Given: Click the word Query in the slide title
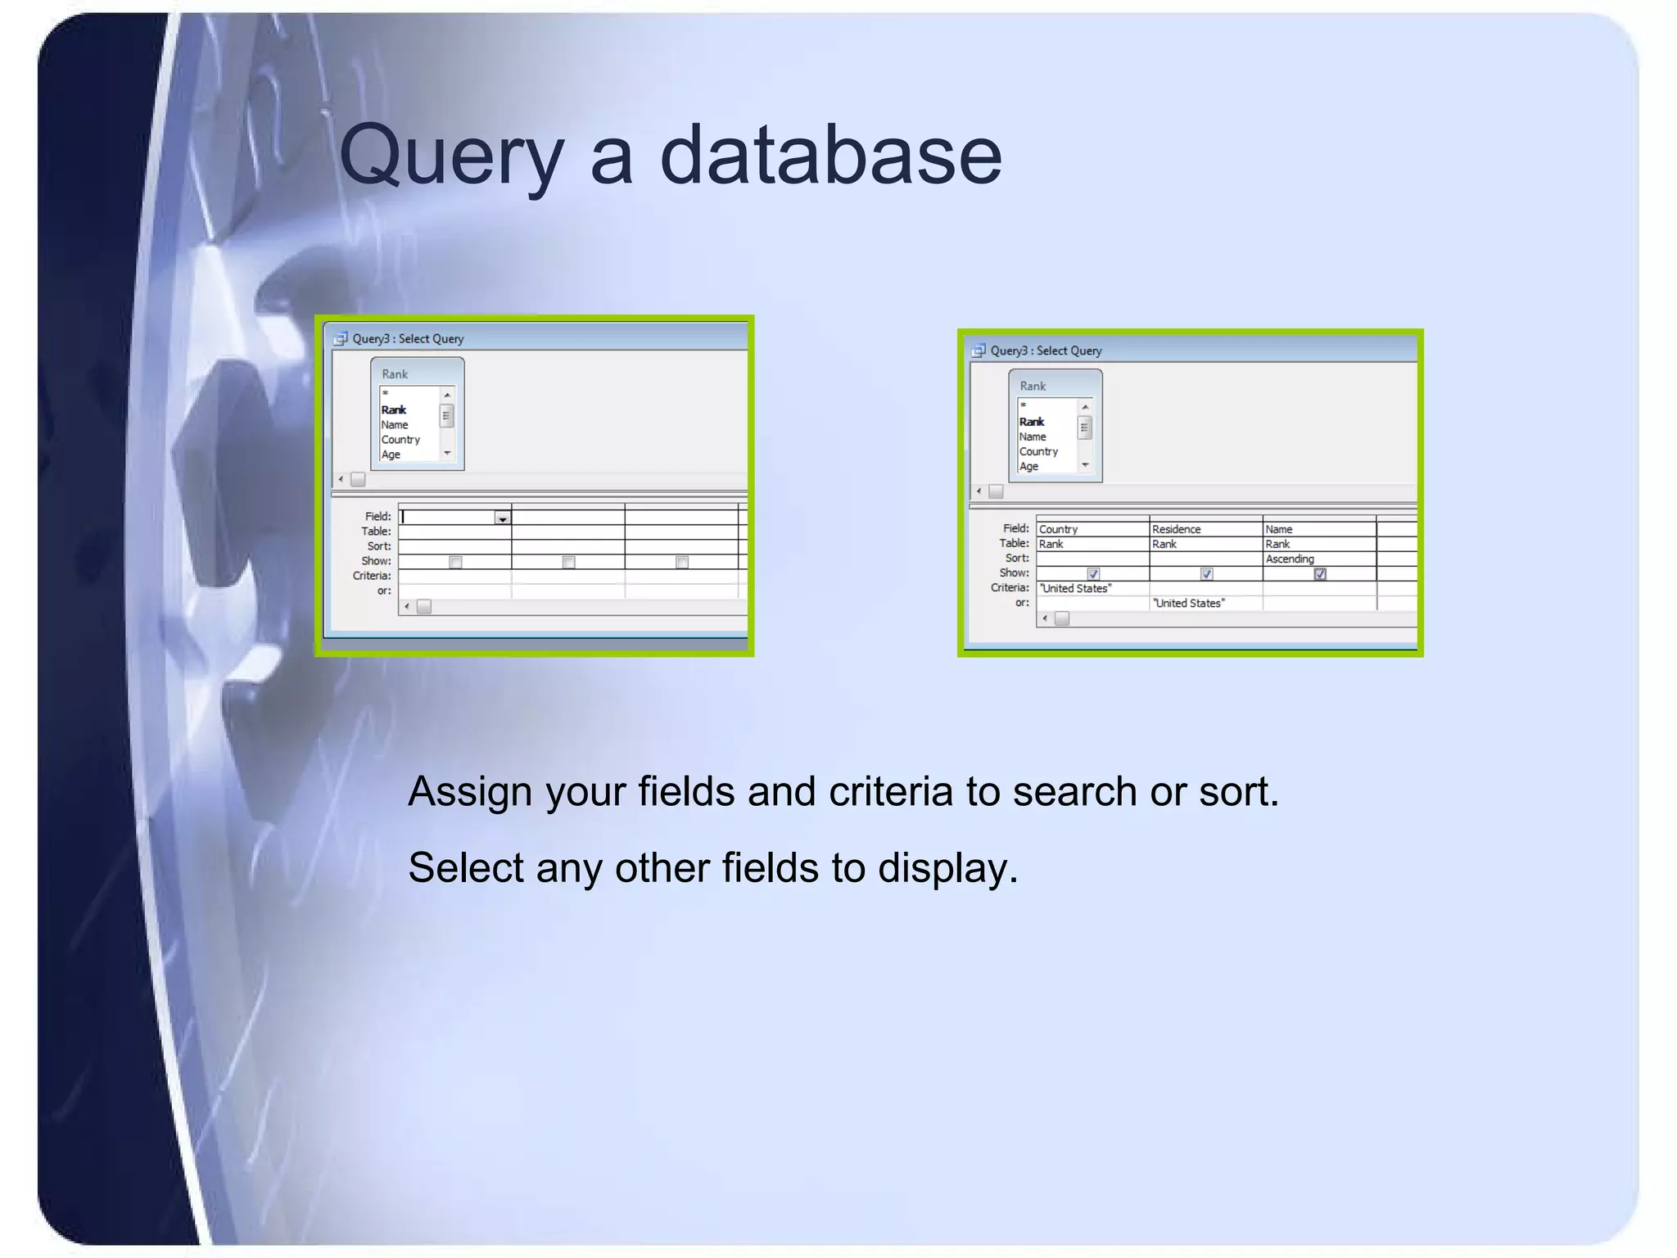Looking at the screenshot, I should [x=451, y=156].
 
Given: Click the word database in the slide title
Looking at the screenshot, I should [x=830, y=156].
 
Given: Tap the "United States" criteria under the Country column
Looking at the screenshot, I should [x=1075, y=588].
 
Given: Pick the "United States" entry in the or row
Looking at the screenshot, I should [x=1188, y=604].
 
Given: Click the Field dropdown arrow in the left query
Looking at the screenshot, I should [x=502, y=518].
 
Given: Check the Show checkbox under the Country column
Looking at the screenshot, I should [x=1093, y=574].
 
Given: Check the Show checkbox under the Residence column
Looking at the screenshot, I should [x=1206, y=574].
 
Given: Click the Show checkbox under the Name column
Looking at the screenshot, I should [x=1320, y=574].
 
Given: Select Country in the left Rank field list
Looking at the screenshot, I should [x=400, y=440].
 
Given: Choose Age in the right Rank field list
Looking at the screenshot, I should [x=1028, y=467].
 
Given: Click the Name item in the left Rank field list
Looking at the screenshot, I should [x=394, y=425].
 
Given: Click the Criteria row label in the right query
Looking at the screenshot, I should [x=1010, y=588].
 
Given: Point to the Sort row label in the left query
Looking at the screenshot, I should [x=378, y=546].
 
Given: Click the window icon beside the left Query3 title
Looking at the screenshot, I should [x=341, y=339].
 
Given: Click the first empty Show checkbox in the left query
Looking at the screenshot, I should [x=456, y=563].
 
